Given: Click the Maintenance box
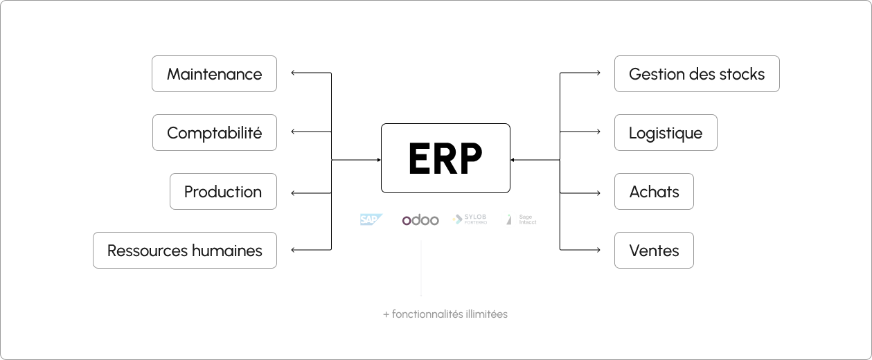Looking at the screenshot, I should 214,73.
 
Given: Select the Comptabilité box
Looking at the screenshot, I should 215,132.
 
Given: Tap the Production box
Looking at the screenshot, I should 223,191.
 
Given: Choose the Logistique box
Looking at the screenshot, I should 666,132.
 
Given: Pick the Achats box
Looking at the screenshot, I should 654,191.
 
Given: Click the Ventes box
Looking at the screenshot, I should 654,250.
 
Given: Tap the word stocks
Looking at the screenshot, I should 742,73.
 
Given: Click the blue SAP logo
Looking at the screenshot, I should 371,219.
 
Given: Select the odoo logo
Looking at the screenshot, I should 420,220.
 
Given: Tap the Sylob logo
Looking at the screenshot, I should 470,219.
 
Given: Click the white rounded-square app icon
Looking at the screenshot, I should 509,219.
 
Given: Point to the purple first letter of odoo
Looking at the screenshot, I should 407,221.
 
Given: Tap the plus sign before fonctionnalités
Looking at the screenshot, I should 386,314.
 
